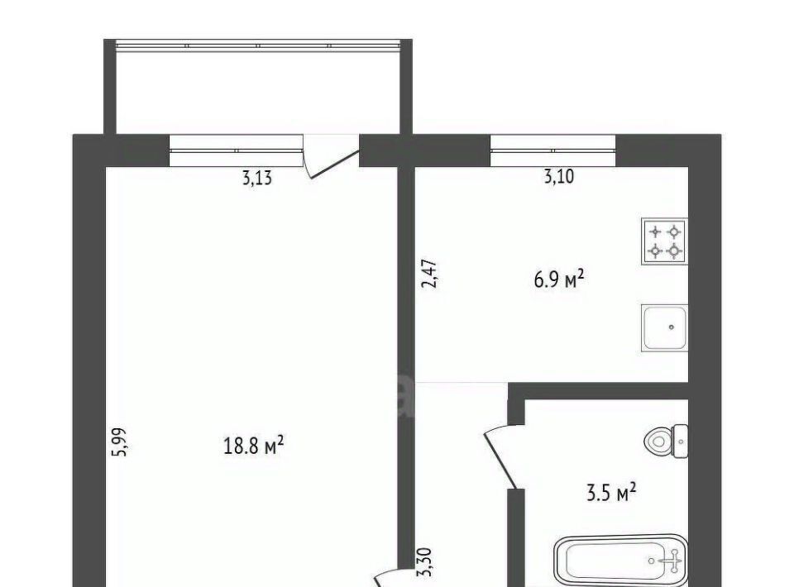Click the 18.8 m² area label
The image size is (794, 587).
(253, 446)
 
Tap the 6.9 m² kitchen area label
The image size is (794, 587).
(559, 279)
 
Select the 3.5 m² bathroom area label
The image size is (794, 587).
(611, 493)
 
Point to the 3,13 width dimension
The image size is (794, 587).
(257, 178)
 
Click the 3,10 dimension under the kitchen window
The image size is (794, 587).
(559, 177)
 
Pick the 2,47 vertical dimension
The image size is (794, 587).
(429, 274)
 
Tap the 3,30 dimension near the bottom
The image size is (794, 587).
(423, 562)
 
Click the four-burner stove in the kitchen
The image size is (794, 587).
(664, 241)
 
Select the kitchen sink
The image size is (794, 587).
(664, 328)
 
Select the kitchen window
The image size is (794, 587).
(553, 150)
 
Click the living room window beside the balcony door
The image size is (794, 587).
(236, 150)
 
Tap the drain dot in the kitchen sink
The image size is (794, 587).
(672, 327)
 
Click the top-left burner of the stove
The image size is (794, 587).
(656, 232)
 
